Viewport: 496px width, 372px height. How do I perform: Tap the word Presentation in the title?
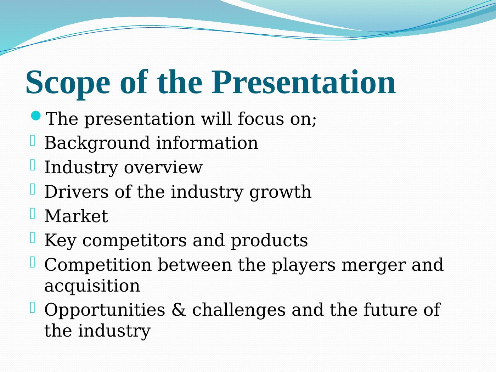tap(303, 82)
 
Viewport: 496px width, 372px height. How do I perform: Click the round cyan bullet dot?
tap(36, 115)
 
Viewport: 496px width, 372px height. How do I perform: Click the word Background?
tap(97, 143)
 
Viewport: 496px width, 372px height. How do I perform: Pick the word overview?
tap(163, 168)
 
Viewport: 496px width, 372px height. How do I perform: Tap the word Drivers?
tap(77, 192)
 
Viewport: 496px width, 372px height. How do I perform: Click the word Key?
tap(60, 241)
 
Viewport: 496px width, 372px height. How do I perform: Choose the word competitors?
tap(134, 241)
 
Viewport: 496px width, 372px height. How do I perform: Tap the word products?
tap(269, 241)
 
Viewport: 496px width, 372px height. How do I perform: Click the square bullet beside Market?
tap(33, 213)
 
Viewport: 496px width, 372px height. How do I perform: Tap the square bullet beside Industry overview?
tap(33, 165)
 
